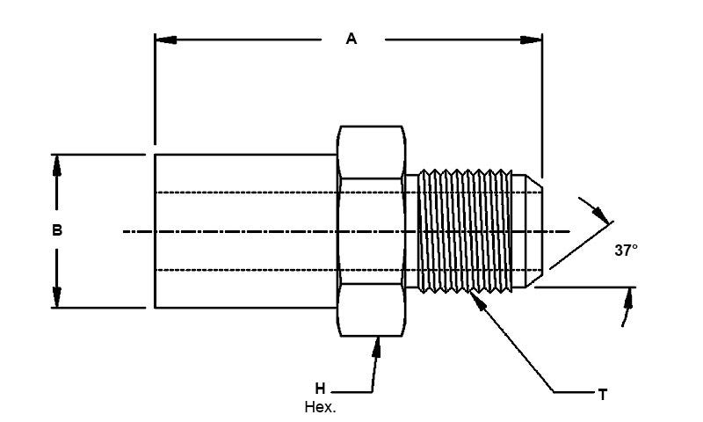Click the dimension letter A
[x=351, y=39]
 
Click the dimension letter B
[x=57, y=231]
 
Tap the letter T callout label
[x=603, y=396]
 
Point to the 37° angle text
[x=626, y=250]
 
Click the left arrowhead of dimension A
[x=164, y=39]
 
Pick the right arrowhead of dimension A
[x=532, y=39]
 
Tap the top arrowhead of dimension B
[x=57, y=165]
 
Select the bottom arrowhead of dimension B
[x=57, y=297]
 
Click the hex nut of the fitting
[x=372, y=230]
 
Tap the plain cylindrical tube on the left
[x=246, y=230]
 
